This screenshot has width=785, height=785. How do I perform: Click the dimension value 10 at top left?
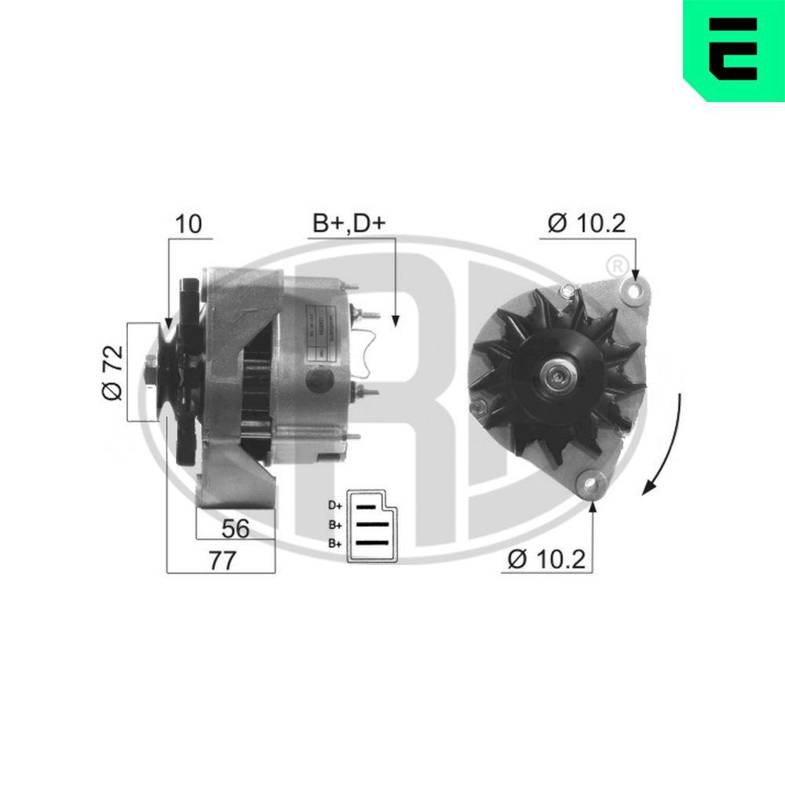tap(188, 224)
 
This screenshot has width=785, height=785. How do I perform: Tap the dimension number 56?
tap(235, 528)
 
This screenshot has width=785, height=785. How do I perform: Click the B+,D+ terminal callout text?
tap(349, 224)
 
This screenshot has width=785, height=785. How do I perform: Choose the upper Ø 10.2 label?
tap(586, 224)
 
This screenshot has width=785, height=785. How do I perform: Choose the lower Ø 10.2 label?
tap(547, 559)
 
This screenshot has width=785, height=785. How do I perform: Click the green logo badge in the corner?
tap(734, 49)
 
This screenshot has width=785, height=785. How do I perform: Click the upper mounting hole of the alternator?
tap(633, 291)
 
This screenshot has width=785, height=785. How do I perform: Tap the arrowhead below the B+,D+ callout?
tap(396, 319)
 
